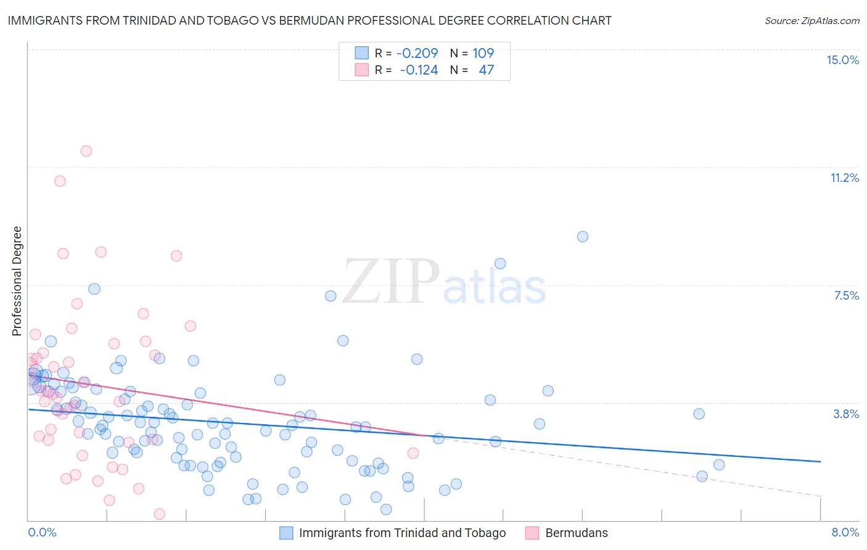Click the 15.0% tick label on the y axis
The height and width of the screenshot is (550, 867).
coord(842,60)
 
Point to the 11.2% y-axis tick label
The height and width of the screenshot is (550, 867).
coord(844,178)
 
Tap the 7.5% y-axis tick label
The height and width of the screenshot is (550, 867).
coord(846,295)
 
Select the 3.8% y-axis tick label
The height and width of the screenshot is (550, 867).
coord(846,414)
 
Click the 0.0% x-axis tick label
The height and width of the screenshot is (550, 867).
coord(42,532)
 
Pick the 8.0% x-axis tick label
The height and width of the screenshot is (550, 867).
coord(845,532)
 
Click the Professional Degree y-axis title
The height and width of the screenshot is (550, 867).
coord(17,281)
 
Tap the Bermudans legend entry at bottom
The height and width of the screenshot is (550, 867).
coord(576,533)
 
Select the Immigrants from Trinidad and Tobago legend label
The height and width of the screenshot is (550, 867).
coord(402,533)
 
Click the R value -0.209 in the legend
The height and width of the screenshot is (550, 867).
coord(417,53)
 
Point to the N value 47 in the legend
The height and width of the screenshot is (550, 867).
coord(486,70)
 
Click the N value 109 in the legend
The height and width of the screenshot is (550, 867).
coord(483,53)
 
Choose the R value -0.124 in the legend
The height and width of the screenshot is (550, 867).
coord(419,70)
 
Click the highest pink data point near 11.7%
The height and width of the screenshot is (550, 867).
coord(86,151)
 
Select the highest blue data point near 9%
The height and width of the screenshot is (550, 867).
coord(583,237)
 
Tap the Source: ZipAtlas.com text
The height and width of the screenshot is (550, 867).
coord(812,20)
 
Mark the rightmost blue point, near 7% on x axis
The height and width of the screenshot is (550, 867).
coord(719,465)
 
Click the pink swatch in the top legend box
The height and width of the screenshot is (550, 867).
coord(361,70)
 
